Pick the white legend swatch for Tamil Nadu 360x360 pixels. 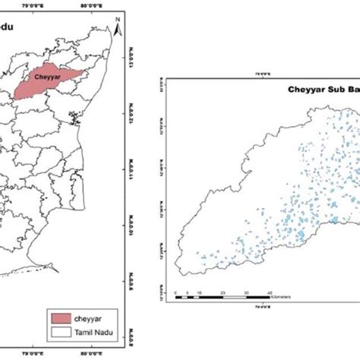click(62, 331)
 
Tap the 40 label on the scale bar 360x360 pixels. click(271, 292)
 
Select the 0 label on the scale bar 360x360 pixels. click(175, 292)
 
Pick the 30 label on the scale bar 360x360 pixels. click(247, 292)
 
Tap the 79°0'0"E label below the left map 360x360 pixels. click(33, 352)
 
